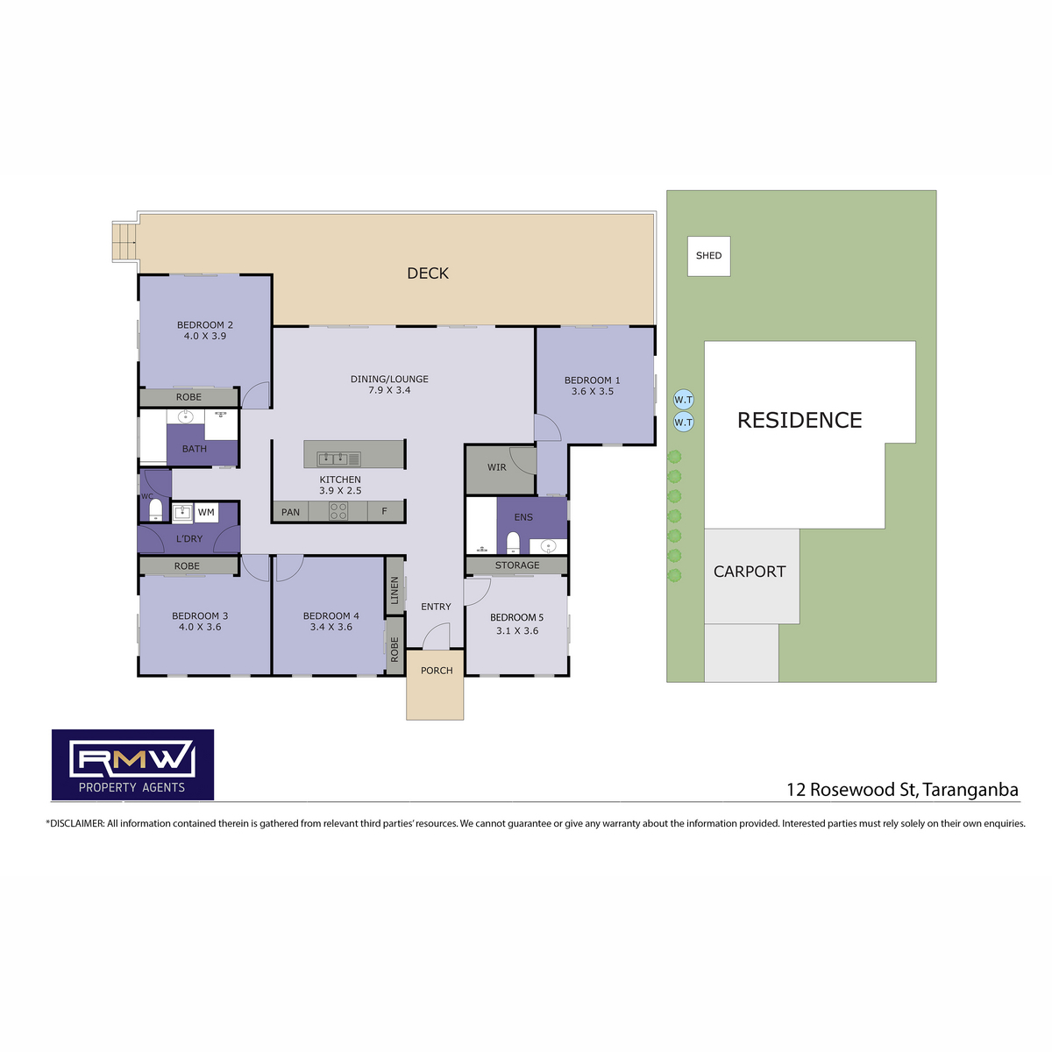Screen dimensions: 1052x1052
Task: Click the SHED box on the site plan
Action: (x=708, y=255)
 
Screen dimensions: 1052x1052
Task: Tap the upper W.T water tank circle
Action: (x=683, y=399)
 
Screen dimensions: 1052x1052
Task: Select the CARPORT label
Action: (x=749, y=572)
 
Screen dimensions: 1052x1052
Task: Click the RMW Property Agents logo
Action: (x=132, y=764)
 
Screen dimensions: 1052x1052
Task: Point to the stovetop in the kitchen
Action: (x=338, y=511)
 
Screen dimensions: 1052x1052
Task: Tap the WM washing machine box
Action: (x=206, y=512)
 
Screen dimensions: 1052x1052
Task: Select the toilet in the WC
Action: (x=155, y=508)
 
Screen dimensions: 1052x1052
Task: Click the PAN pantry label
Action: (x=290, y=512)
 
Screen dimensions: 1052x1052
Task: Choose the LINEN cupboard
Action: (x=394, y=588)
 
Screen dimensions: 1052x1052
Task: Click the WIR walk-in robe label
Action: (x=496, y=467)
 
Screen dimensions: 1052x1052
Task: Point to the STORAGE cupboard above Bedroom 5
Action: (x=516, y=565)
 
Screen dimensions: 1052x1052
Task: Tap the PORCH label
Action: (x=437, y=671)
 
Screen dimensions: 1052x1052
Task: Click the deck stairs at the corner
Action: (x=124, y=242)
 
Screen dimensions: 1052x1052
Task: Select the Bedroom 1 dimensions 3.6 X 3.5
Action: (x=593, y=391)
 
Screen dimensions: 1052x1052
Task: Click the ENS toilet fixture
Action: (x=513, y=542)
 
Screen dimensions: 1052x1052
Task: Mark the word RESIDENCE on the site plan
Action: (x=800, y=421)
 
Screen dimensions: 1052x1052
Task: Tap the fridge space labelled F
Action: (x=384, y=511)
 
